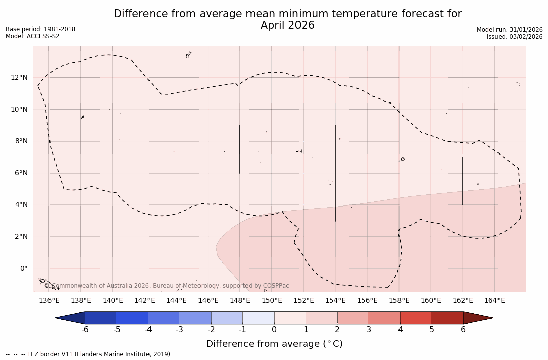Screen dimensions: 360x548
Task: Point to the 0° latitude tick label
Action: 23,269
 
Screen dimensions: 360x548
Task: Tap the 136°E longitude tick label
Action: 49,301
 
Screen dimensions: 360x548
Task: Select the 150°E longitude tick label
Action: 272,301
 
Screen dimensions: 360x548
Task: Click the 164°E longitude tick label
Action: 494,301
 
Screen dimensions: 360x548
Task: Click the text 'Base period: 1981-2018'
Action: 40,29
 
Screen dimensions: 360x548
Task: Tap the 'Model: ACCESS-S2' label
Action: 32,36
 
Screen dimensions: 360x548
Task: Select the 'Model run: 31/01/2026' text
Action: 510,30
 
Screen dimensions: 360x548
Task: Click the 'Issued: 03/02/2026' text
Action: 515,37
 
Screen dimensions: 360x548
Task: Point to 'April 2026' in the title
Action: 287,25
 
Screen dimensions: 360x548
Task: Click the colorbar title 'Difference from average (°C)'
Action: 274,344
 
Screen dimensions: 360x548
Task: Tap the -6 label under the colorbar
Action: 85,330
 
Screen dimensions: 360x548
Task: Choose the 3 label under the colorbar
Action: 369,330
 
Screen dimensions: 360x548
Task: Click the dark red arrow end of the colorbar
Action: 477,318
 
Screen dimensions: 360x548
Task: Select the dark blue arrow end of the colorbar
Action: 71,318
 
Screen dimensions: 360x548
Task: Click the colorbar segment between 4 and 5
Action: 416,318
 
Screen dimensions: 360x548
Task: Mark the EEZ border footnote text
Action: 89,354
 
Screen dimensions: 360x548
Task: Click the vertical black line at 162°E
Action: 463,181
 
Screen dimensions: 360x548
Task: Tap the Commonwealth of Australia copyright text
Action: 167,286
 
